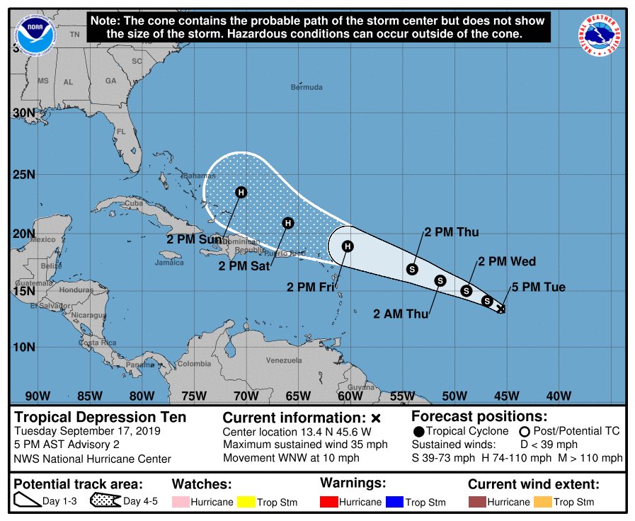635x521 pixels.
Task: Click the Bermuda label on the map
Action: click(307, 87)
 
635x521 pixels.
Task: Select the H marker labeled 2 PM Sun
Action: click(241, 192)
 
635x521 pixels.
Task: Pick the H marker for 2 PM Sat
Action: click(288, 223)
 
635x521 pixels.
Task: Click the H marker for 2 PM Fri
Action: click(348, 246)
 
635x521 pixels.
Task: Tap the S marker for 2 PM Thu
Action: click(413, 269)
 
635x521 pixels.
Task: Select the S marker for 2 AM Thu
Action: click(440, 281)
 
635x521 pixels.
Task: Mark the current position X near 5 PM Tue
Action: click(501, 309)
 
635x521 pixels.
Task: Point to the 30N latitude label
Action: click(24, 113)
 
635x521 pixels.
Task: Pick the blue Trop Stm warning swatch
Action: click(393, 502)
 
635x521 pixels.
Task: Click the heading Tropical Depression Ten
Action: click(101, 417)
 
